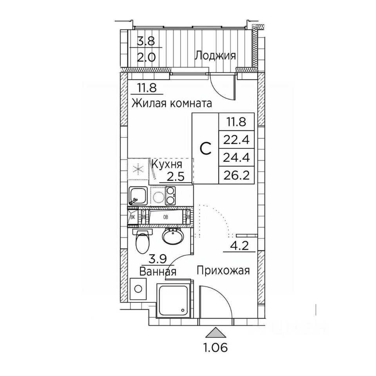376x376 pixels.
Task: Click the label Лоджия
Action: point(215,56)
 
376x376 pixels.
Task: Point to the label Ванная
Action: point(158,271)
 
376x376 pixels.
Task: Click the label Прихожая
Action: point(223,271)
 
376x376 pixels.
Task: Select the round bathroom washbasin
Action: point(172,237)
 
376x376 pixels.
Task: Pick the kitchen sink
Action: point(138,195)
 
